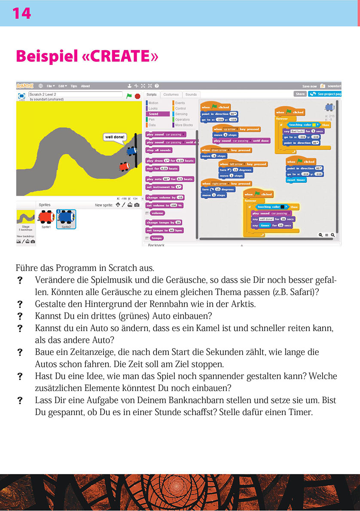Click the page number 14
pos(21,13)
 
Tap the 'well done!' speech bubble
pos(115,137)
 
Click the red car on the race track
pos(124,166)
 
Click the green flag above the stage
pos(129,96)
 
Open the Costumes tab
pos(171,95)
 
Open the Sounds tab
pos(191,95)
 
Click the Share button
pos(300,94)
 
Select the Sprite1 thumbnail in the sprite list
pos(46,218)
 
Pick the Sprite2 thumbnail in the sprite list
pos(66,218)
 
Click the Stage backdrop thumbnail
pos(25,219)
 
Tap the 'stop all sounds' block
pos(159,150)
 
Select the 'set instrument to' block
pos(164,187)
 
